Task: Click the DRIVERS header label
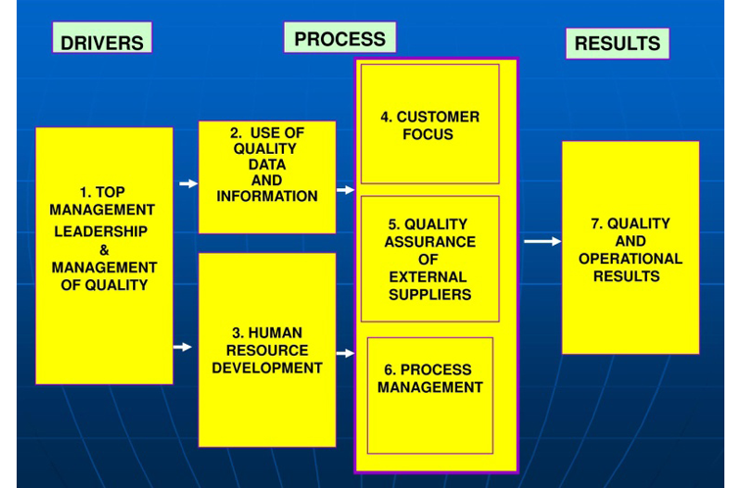(102, 37)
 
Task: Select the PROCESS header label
(340, 37)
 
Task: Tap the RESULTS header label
(618, 43)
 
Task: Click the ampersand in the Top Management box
(105, 250)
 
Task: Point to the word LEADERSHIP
(101, 231)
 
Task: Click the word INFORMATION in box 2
(267, 196)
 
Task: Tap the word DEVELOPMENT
(267, 367)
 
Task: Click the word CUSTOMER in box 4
(439, 117)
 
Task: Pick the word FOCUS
(428, 134)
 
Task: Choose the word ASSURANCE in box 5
(430, 242)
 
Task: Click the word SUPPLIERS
(430, 295)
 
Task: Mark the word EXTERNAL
(428, 277)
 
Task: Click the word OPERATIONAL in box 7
(630, 259)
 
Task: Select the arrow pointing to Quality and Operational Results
(542, 242)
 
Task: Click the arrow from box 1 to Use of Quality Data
(189, 183)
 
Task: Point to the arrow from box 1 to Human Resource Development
(182, 347)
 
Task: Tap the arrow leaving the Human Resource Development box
(346, 353)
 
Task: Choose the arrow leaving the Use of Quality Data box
(346, 190)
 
